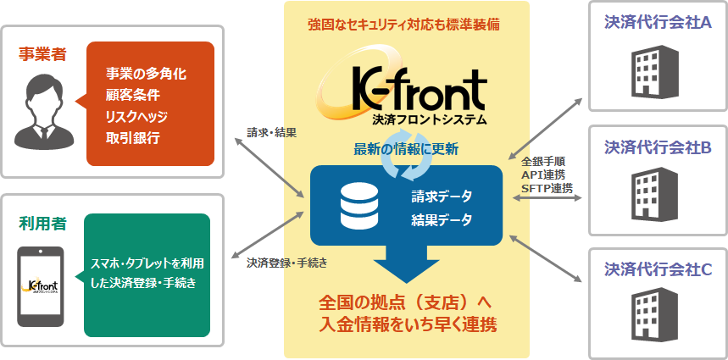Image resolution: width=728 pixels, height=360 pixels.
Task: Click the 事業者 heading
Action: coord(42,55)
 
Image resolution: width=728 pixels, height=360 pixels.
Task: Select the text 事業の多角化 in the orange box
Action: coord(147,75)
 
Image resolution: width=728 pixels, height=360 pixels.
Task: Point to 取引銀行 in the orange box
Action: coord(133,138)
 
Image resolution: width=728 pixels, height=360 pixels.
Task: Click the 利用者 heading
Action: coord(42,224)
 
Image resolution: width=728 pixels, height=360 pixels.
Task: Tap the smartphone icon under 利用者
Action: coord(41,286)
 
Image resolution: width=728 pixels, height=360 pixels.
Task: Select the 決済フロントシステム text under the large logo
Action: coord(430,120)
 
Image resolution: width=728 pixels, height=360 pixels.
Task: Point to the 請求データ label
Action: coord(441,197)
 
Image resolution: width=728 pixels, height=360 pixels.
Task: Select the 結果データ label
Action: coord(441,219)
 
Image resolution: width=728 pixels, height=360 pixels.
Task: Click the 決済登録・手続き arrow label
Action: coord(287,263)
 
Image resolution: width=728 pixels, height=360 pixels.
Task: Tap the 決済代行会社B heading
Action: coord(658,147)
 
